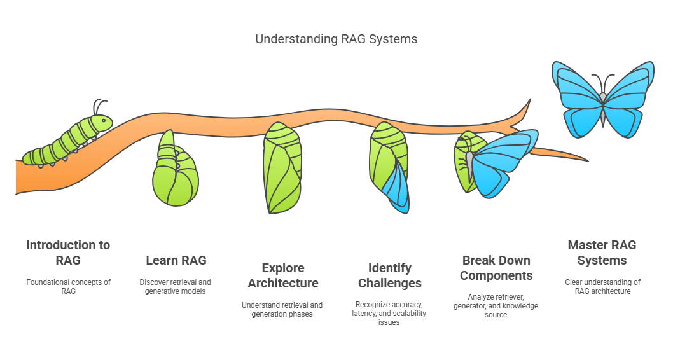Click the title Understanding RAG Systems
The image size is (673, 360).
click(336, 39)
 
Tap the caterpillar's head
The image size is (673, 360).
click(102, 123)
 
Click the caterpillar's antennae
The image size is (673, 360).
click(99, 107)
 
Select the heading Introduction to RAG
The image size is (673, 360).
click(68, 253)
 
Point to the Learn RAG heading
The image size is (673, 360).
click(176, 260)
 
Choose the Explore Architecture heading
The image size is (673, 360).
click(283, 275)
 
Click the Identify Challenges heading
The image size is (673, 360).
click(390, 275)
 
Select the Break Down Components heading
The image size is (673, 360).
click(496, 268)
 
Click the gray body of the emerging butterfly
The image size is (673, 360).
click(470, 165)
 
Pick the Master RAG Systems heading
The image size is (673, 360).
click(602, 253)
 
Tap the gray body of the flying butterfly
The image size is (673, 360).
click(603, 109)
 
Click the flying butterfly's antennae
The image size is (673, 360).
click(603, 83)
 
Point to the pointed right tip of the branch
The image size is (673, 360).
click(588, 161)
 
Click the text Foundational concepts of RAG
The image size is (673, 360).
click(68, 287)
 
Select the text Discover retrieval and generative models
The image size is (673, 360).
click(175, 287)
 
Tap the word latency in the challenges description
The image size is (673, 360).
click(364, 313)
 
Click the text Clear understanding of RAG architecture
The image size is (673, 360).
click(602, 287)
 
